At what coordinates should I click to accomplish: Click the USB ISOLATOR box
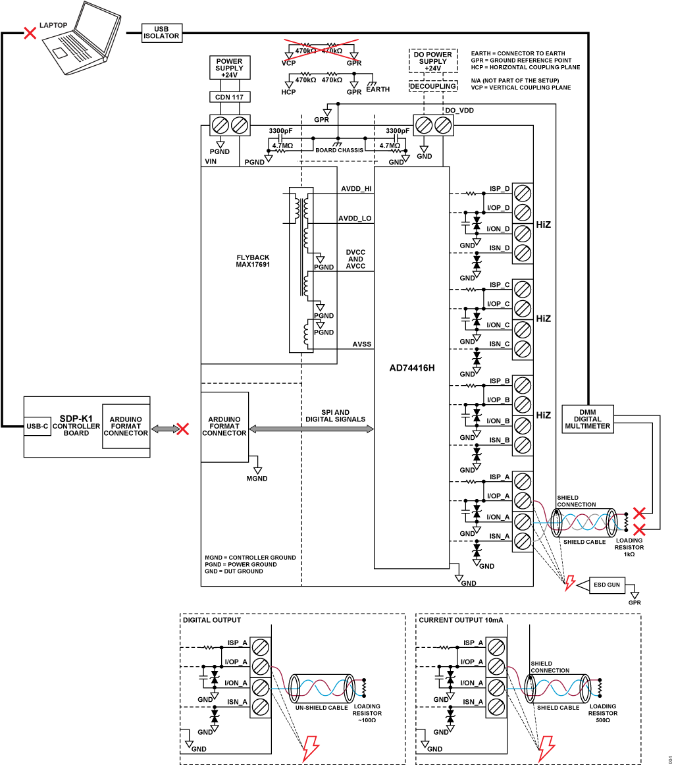[x=162, y=33]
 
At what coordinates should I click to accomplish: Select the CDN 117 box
[x=230, y=97]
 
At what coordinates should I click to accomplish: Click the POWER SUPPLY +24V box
[x=230, y=68]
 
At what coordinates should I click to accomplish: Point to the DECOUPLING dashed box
[x=433, y=86]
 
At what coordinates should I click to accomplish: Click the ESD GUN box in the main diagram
[x=607, y=585]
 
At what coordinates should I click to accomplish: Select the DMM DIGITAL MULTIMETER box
[x=588, y=419]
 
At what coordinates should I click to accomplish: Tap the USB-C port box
[x=38, y=427]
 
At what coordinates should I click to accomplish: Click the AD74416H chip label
[x=411, y=368]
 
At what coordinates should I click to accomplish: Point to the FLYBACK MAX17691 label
[x=253, y=261]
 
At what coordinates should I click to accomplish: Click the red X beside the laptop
[x=30, y=33]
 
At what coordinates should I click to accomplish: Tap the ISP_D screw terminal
[x=523, y=193]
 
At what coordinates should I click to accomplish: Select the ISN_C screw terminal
[x=523, y=349]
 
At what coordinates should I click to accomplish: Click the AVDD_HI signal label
[x=356, y=189]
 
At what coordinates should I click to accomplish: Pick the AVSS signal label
[x=362, y=344]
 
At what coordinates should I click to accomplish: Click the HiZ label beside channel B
[x=543, y=415]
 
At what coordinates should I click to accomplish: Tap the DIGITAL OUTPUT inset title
[x=212, y=620]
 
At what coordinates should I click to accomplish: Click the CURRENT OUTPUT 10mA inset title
[x=461, y=620]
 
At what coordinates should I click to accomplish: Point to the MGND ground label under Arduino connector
[x=257, y=479]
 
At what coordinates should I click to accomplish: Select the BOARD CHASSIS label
[x=340, y=150]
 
